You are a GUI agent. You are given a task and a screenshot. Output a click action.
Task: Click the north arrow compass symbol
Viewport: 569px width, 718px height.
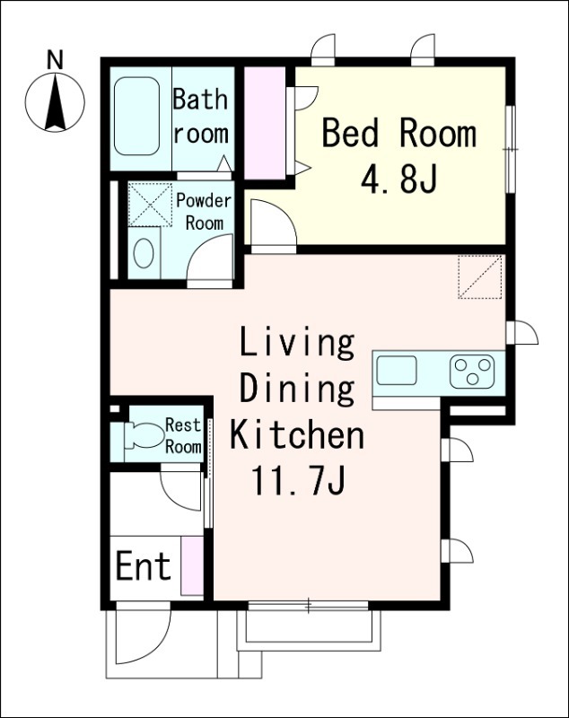coord(55,102)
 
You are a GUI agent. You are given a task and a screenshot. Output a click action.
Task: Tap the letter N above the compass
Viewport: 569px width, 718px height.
coord(56,60)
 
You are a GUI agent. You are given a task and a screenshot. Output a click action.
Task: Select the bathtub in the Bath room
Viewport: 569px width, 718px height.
coord(137,117)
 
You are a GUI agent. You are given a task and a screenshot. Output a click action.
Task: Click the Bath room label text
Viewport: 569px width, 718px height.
coord(200,117)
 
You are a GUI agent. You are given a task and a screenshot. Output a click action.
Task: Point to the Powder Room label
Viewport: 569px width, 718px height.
coord(204,212)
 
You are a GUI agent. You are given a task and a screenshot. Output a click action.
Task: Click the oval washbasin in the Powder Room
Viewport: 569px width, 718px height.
coord(144,252)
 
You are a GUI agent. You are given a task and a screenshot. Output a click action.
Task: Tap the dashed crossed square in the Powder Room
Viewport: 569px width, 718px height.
coord(149,205)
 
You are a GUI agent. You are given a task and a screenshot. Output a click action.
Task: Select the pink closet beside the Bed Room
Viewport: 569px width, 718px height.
coord(265,123)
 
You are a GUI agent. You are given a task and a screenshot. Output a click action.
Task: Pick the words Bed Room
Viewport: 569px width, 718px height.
coord(399,133)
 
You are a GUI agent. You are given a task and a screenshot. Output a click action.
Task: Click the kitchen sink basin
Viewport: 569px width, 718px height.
coord(397,370)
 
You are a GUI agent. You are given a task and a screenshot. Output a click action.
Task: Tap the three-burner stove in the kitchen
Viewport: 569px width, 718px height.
coord(471,372)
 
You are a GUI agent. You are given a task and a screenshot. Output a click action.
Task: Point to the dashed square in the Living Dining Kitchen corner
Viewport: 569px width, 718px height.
coord(481,277)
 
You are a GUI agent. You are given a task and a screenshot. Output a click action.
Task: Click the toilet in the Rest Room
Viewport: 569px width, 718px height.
coord(144,435)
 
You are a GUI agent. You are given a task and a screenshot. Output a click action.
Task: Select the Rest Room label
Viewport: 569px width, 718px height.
coord(183,435)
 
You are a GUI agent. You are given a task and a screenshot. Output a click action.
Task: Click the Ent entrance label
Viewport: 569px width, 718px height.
coord(144,566)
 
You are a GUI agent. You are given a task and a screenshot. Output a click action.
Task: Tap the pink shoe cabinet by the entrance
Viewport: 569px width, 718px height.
coord(192,566)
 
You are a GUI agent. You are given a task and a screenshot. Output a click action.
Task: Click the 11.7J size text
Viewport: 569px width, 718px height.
coord(297,481)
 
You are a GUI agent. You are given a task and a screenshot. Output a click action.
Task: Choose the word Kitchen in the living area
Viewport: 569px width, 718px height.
coord(297,434)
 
